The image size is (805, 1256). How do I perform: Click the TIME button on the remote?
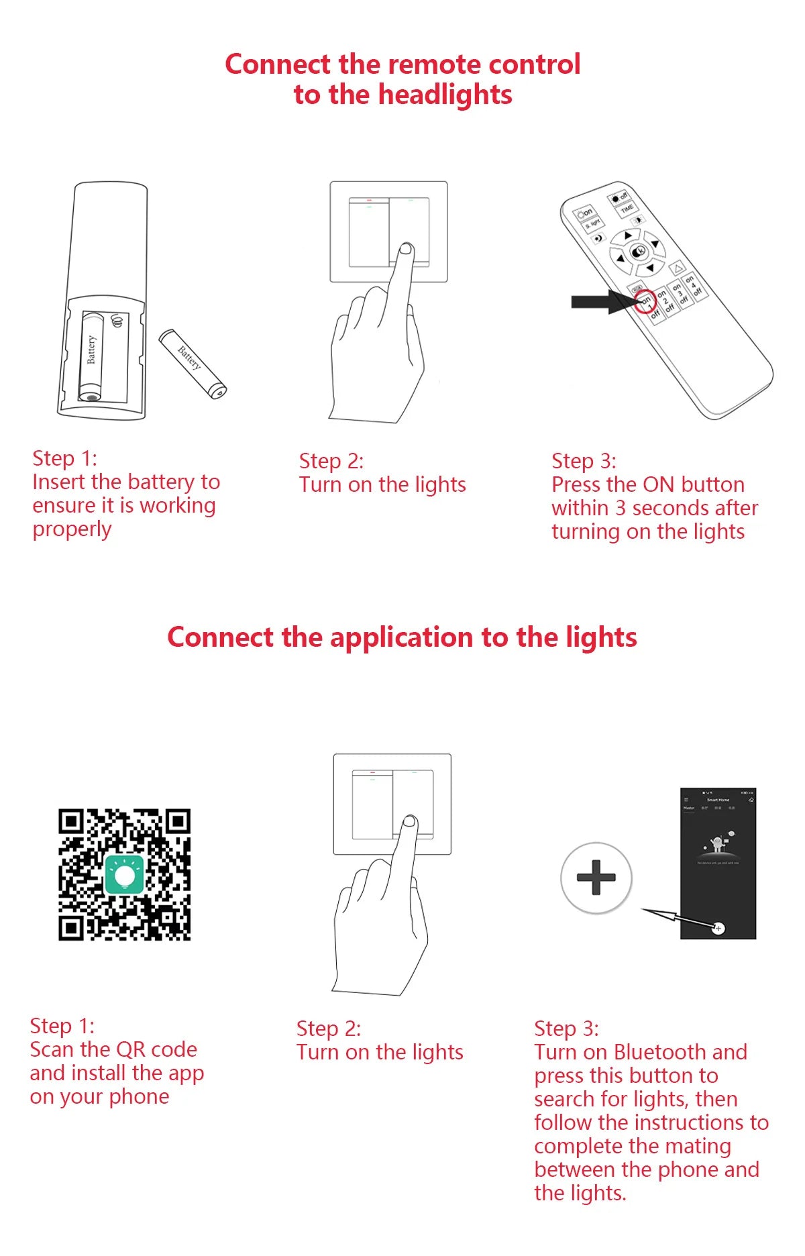627,208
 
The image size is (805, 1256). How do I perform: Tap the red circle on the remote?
644,301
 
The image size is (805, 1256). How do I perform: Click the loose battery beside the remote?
193,363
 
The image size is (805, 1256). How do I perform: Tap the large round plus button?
596,878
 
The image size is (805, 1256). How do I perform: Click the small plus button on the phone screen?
718,929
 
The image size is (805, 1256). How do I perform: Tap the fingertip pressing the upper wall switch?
406,250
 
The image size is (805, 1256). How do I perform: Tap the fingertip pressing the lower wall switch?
409,822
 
